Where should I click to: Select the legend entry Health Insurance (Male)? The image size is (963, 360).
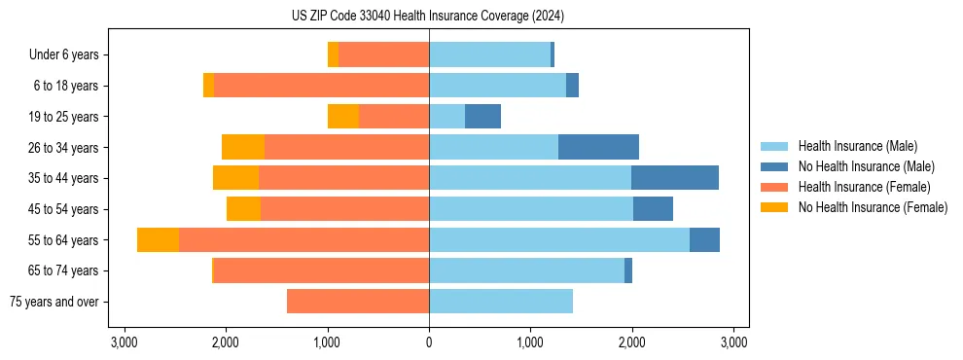tap(857, 146)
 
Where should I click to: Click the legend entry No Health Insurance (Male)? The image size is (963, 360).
tap(866, 166)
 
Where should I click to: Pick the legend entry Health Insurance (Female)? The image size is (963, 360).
tap(864, 187)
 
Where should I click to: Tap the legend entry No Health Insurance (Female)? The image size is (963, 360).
tap(873, 207)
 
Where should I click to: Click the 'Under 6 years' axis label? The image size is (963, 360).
tap(64, 55)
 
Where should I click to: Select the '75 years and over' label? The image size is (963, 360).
tap(53, 302)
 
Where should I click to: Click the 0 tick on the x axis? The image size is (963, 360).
tap(429, 342)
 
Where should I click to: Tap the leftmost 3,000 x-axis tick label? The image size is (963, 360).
tap(124, 342)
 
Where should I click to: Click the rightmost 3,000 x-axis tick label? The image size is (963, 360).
tap(733, 342)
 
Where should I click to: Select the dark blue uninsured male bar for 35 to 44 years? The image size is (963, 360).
tap(675, 178)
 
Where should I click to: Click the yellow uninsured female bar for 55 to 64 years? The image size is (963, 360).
tap(158, 240)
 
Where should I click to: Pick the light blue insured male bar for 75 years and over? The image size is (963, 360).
tap(501, 302)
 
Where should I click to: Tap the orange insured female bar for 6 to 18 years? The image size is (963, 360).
tap(321, 86)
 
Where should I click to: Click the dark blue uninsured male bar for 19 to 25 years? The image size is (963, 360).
tap(482, 117)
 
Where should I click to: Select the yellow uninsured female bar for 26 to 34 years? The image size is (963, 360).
tap(243, 147)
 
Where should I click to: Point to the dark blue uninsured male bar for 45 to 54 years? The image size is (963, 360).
tap(653, 209)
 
